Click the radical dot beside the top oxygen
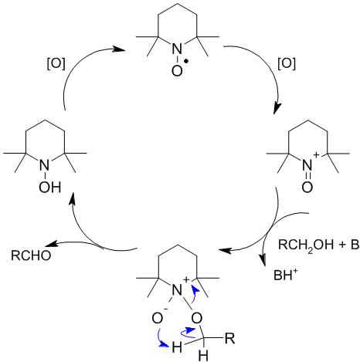point(186,61)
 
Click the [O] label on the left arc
point(56,63)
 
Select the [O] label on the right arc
point(287,63)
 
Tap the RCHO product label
point(31,255)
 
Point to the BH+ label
point(285,275)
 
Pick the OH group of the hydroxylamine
point(50,188)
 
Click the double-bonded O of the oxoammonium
point(307,188)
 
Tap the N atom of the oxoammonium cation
point(307,165)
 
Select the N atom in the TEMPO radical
point(177,48)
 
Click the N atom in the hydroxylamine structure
point(44,165)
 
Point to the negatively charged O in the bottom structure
point(158,319)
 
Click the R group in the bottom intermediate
point(230,339)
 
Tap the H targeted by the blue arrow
point(177,347)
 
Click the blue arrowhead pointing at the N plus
point(195,290)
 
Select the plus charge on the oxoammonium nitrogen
point(317,155)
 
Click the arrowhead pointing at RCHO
point(51,245)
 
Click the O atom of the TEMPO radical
point(177,71)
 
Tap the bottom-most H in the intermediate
point(203,356)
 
